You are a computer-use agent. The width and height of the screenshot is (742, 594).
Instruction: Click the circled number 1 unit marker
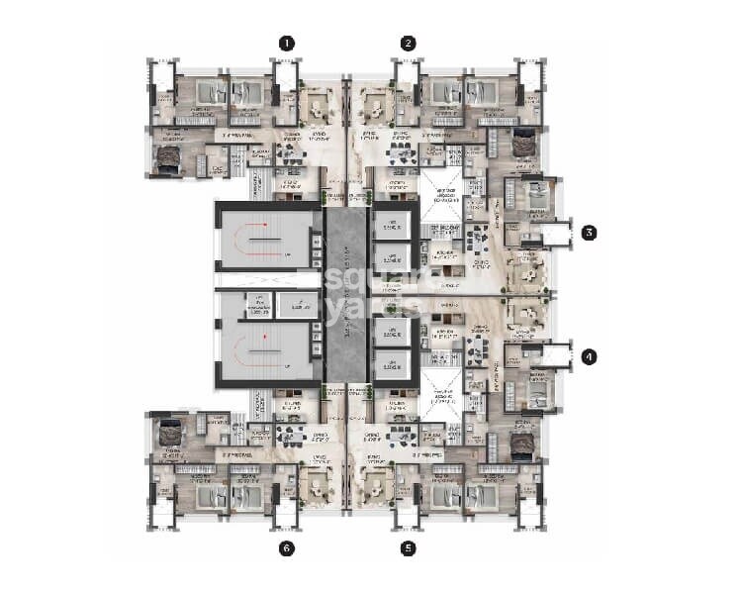[287, 43]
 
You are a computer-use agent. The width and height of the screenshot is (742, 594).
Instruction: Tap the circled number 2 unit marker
[408, 43]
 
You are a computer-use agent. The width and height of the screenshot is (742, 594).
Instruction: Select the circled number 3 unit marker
[589, 234]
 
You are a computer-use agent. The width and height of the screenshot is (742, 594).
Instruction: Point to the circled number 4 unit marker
[589, 356]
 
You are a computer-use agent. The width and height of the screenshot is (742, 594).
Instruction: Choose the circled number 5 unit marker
[408, 546]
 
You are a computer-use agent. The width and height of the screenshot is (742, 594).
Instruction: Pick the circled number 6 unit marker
[287, 546]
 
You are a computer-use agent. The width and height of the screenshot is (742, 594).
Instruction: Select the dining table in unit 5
[402, 436]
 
